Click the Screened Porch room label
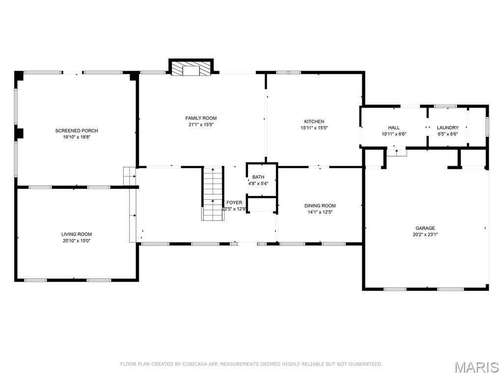click(x=76, y=131)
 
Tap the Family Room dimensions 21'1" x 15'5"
click(x=200, y=125)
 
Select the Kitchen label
click(x=314, y=121)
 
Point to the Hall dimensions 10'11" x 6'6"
click(x=393, y=134)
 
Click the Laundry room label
click(x=447, y=128)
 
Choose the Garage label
click(x=425, y=228)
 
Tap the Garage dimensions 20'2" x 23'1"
click(x=425, y=235)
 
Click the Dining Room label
click(x=320, y=206)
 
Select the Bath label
click(x=258, y=177)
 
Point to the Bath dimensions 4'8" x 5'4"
click(x=258, y=184)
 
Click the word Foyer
click(x=234, y=203)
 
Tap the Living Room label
click(x=76, y=234)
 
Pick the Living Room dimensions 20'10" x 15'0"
click(x=76, y=241)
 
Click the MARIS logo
click(x=476, y=367)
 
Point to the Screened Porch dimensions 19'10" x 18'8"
click(x=76, y=137)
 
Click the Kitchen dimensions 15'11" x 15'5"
click(x=314, y=128)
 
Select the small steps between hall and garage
click(x=396, y=153)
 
